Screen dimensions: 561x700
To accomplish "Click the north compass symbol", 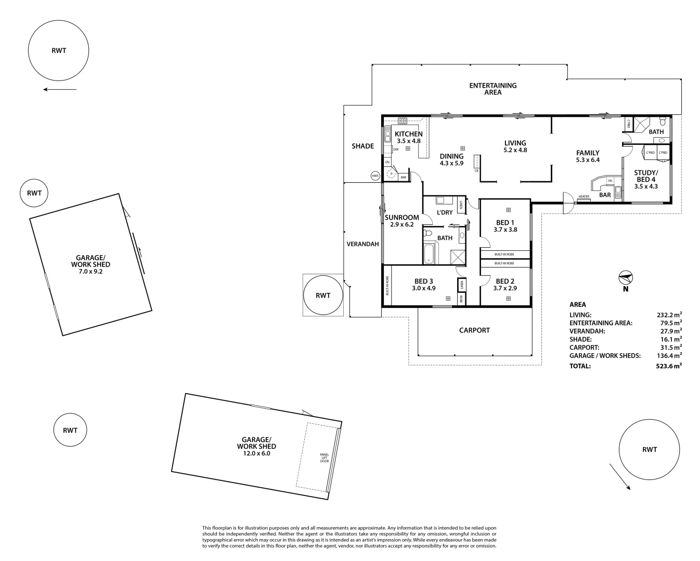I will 625,278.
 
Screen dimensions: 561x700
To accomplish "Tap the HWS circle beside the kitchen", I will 375,176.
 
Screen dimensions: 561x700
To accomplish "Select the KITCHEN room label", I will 408,134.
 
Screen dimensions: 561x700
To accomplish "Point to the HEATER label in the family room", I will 584,197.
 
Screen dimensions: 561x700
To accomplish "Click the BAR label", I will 605,195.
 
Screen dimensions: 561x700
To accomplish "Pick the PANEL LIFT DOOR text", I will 325,458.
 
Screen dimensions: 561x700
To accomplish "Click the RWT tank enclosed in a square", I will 323,295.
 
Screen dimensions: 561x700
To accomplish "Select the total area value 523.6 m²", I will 669,366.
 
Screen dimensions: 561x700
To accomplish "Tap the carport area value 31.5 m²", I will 671,348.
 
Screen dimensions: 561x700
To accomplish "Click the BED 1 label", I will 505,222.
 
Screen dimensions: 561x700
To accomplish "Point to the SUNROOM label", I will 401,218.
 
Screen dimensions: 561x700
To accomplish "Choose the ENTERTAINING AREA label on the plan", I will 492,89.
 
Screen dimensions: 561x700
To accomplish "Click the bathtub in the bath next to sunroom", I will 429,253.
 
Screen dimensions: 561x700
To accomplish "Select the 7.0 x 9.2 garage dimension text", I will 90,271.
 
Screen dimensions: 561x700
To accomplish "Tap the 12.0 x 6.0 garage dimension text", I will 256,453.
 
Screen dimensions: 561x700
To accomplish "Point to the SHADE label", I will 362,146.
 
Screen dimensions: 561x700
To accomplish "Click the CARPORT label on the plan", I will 474,330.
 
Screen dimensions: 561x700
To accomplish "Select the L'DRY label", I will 444,212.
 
